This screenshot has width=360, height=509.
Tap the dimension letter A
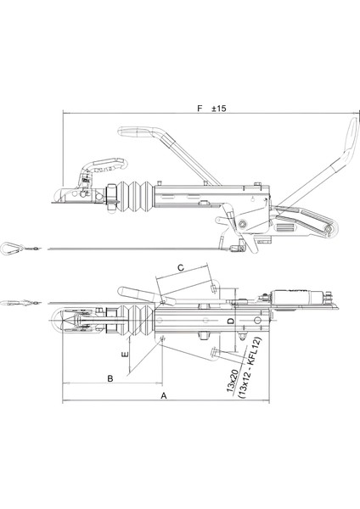click(x=164, y=396)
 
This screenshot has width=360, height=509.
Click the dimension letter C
click(x=180, y=267)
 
